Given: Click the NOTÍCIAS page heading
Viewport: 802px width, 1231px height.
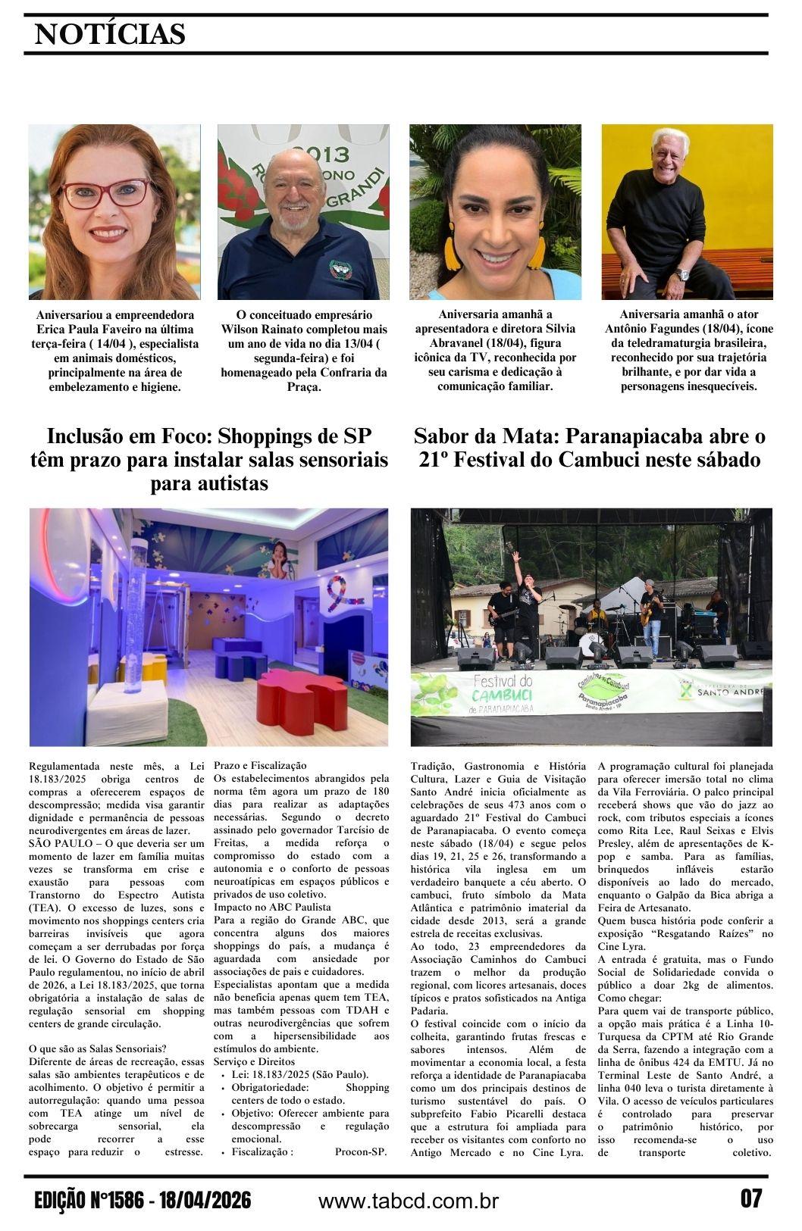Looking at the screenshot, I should (x=110, y=34).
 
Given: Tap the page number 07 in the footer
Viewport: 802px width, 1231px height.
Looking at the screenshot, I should (x=750, y=1199).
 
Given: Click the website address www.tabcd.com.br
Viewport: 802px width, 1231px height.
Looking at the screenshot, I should (x=408, y=1201).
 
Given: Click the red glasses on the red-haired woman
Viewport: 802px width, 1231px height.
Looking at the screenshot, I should (x=105, y=193).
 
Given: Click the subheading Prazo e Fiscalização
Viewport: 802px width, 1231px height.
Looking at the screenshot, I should (x=260, y=766).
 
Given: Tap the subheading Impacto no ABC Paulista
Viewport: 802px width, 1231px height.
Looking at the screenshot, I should (x=272, y=907).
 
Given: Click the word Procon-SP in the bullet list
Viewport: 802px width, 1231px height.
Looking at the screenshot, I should (x=361, y=1152).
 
